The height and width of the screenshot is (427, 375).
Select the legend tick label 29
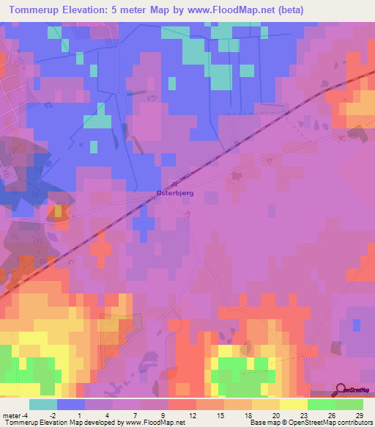pos(358,415)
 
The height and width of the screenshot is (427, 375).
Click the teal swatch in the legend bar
pos(43,404)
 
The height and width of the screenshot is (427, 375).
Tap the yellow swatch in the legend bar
pos(294,404)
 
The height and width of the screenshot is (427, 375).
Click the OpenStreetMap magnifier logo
pos(342,390)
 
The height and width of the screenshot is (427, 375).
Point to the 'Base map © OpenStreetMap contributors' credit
pos(310,423)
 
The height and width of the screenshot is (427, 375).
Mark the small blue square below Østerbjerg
pos(145,222)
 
